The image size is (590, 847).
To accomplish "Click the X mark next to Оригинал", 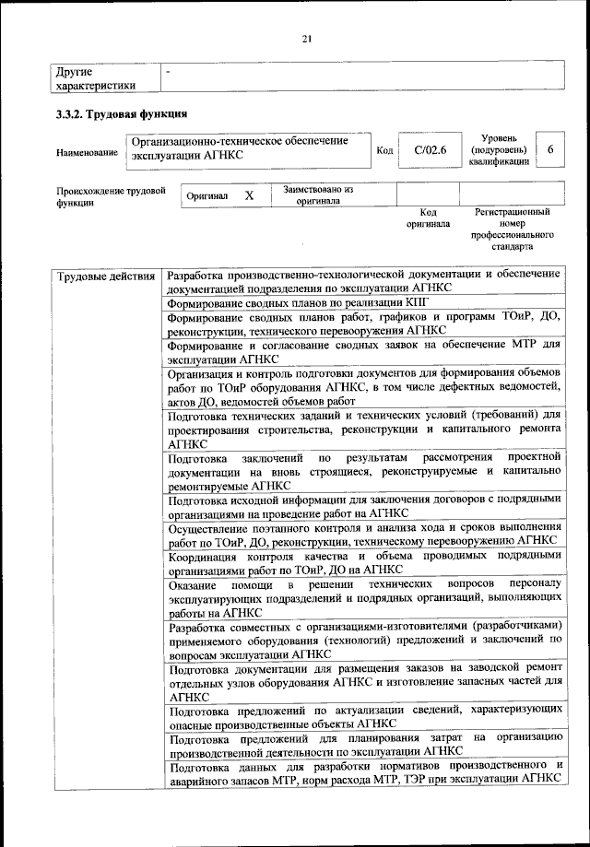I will [x=249, y=196].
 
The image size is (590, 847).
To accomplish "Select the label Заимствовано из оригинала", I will [x=318, y=195].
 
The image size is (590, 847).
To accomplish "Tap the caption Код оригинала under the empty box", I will [x=428, y=218].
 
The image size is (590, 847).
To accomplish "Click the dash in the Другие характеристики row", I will [x=168, y=70].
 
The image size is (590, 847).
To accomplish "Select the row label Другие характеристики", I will [x=96, y=77].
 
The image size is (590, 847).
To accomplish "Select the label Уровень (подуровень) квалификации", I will [x=498, y=149].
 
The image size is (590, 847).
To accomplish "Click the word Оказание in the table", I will [x=194, y=586].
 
